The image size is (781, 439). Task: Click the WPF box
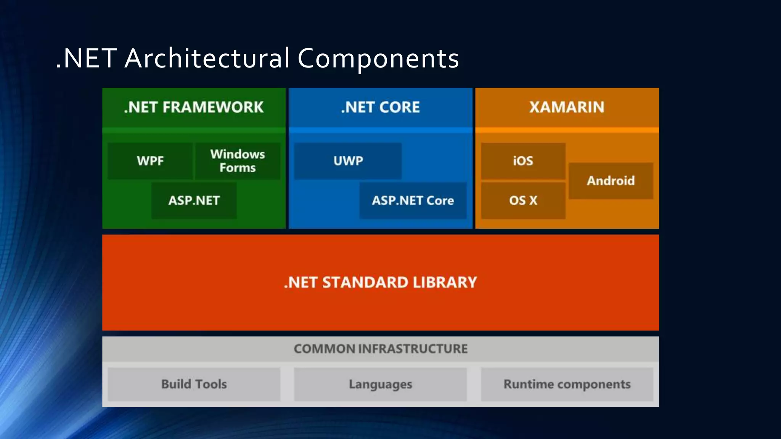pyautogui.click(x=150, y=161)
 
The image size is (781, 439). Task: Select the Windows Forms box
pyautogui.click(x=238, y=161)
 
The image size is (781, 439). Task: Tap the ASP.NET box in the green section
pyautogui.click(x=194, y=200)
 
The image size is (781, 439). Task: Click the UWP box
pyautogui.click(x=348, y=161)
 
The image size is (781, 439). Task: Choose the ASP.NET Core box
pyautogui.click(x=413, y=200)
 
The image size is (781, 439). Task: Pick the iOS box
pyautogui.click(x=523, y=161)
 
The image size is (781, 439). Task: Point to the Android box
pyautogui.click(x=611, y=181)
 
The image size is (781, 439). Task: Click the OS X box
pyautogui.click(x=523, y=200)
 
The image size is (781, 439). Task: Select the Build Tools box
pyautogui.click(x=194, y=384)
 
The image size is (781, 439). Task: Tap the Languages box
pyautogui.click(x=380, y=384)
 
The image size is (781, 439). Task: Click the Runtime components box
pyautogui.click(x=567, y=384)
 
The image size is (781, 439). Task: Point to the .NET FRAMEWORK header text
pyautogui.click(x=194, y=107)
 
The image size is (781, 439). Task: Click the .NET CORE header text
pyautogui.click(x=380, y=107)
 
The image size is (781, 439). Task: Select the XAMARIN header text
pyautogui.click(x=567, y=107)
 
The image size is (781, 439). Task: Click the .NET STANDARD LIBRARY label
pyautogui.click(x=380, y=282)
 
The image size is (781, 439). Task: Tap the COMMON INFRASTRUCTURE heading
pyautogui.click(x=380, y=349)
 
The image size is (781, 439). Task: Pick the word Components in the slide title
pyautogui.click(x=378, y=59)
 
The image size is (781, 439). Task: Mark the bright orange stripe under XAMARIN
pyautogui.click(x=567, y=130)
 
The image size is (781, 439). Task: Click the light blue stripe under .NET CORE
pyautogui.click(x=380, y=130)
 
